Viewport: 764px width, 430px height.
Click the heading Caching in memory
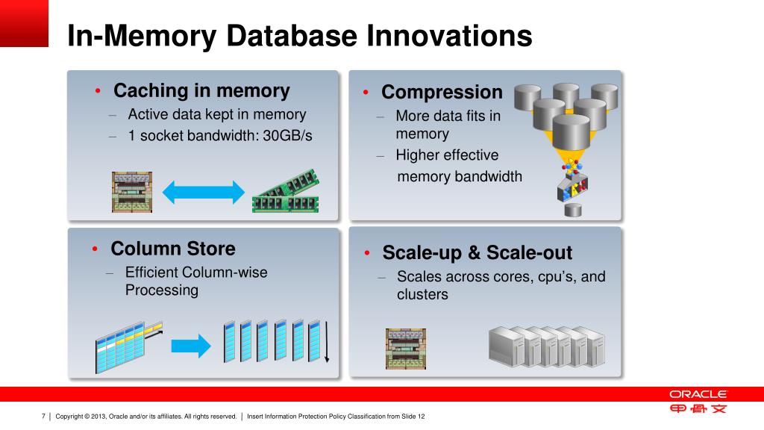pos(201,91)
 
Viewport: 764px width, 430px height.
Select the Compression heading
pos(442,93)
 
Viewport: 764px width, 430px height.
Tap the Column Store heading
pos(172,249)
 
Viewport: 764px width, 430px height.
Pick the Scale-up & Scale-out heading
pos(477,253)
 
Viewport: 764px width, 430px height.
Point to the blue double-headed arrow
pos(203,192)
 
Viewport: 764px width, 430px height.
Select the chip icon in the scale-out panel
pos(405,348)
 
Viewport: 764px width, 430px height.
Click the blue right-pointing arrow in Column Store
pos(192,345)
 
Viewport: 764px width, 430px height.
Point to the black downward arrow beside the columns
pos(326,344)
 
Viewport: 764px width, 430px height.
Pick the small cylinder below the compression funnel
pos(572,210)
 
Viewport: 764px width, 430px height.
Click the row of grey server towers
pos(546,346)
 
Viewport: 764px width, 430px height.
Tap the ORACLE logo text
pos(698,394)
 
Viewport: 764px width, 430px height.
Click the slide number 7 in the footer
pos(43,416)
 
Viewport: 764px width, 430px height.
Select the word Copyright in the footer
pos(69,416)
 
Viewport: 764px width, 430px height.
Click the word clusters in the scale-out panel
pos(422,294)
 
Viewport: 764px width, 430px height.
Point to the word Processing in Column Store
pos(162,290)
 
